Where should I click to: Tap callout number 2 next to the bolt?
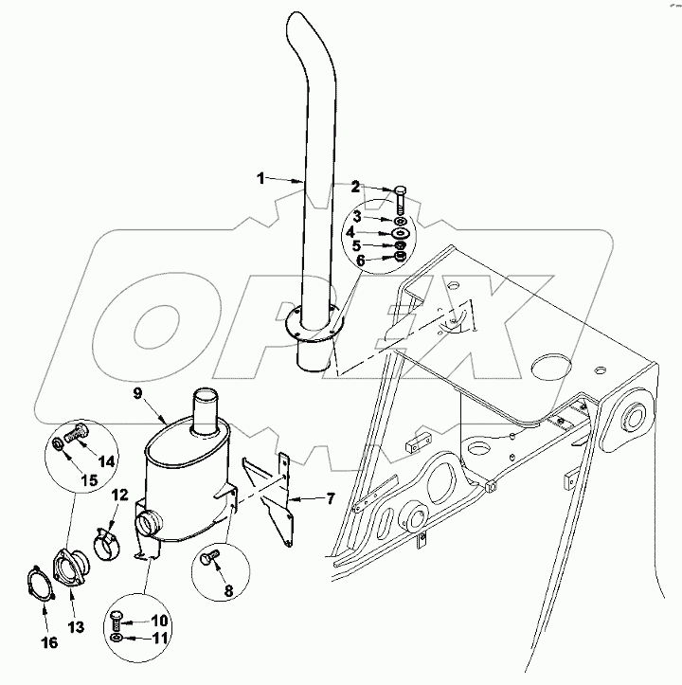click(357, 187)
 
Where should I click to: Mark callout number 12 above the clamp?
click(120, 494)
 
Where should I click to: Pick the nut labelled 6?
click(400, 257)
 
